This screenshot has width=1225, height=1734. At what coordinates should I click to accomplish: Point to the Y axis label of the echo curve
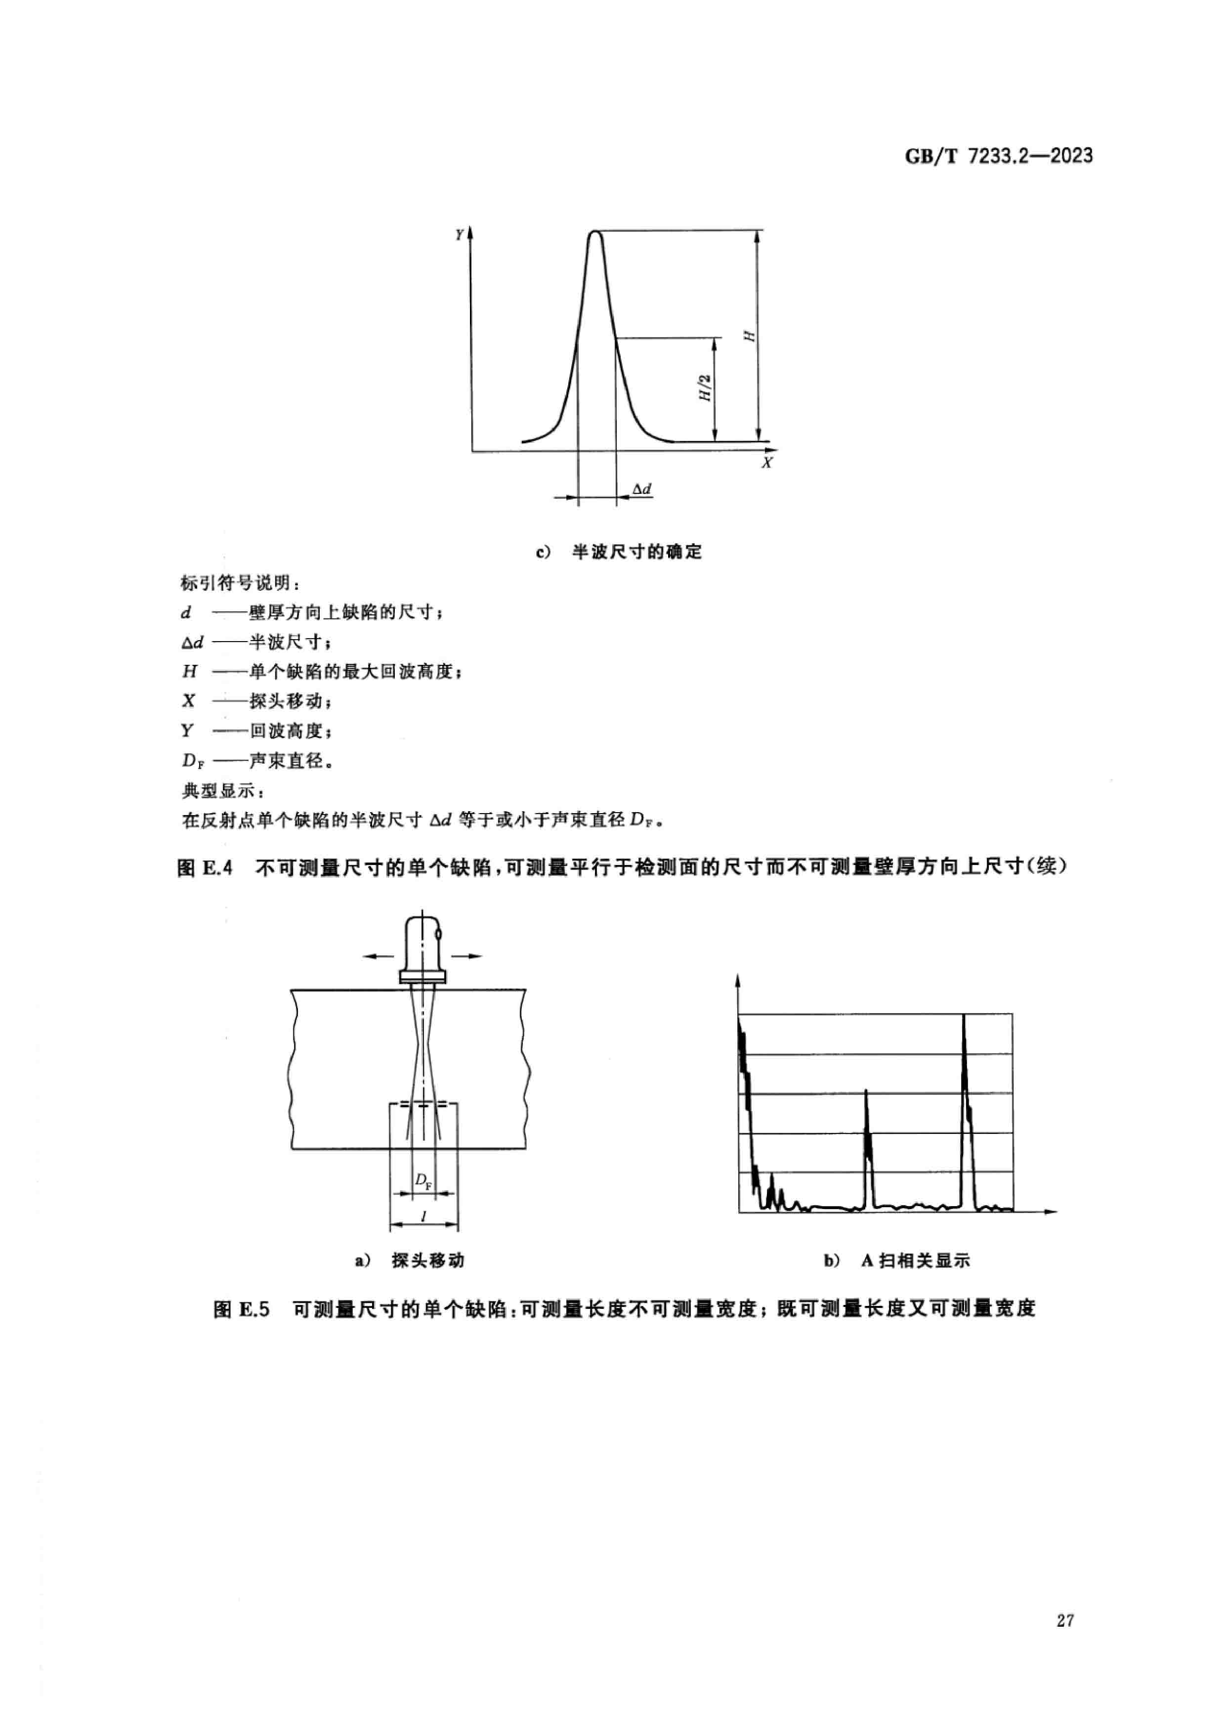[x=459, y=235]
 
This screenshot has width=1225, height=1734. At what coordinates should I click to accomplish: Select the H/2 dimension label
[x=706, y=388]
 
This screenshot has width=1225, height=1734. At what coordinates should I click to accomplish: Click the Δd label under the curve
[x=641, y=489]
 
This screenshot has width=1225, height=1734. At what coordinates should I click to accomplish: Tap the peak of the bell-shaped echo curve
[x=595, y=233]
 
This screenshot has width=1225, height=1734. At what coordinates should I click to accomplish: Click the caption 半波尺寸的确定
[x=636, y=552]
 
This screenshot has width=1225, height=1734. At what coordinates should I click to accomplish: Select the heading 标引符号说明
[x=240, y=583]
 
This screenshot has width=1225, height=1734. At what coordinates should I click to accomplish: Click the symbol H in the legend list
[x=189, y=671]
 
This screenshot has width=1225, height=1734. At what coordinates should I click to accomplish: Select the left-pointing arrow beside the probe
[x=378, y=956]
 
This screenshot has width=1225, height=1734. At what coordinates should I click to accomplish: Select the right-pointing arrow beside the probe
[x=467, y=956]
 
